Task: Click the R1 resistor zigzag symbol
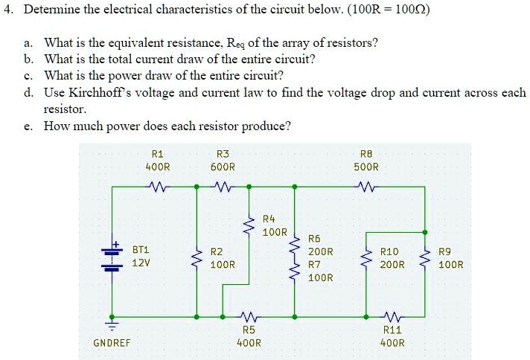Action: pyautogui.click(x=157, y=187)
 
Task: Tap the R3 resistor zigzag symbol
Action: pyautogui.click(x=223, y=187)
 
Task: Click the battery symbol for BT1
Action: pyautogui.click(x=112, y=257)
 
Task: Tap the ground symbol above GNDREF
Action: pyautogui.click(x=112, y=324)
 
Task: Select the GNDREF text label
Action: pyautogui.click(x=112, y=343)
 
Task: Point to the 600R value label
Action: pyautogui.click(x=222, y=167)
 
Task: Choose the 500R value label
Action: pyautogui.click(x=365, y=167)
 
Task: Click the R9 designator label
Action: pyautogui.click(x=447, y=251)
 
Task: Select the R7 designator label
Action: pyautogui.click(x=315, y=264)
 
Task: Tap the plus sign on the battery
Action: pyautogui.click(x=117, y=243)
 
